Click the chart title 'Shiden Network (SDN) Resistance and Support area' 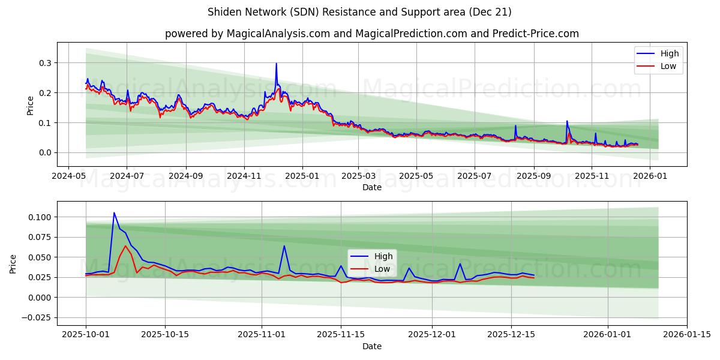click(x=359, y=12)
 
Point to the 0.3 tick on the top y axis click(x=44, y=63)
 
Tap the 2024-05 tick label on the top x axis click(x=68, y=176)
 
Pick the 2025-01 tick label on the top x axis click(x=302, y=176)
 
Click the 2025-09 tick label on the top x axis click(x=533, y=176)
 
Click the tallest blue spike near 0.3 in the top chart click(x=276, y=64)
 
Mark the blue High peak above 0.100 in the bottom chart click(x=114, y=213)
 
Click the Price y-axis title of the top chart click(x=31, y=104)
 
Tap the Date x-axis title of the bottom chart click(x=372, y=346)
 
